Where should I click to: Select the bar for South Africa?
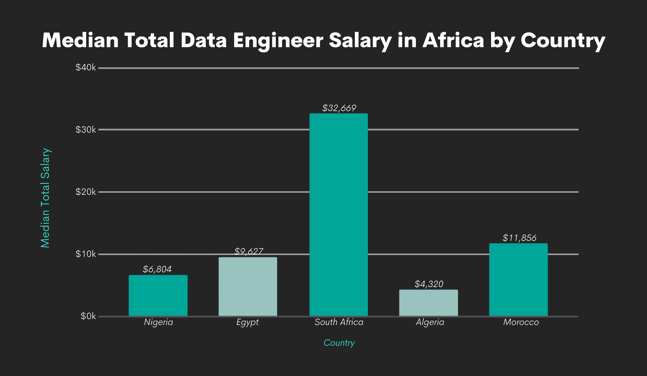point(338,215)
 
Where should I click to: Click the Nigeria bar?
point(158,296)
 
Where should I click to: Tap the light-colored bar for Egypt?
point(248,287)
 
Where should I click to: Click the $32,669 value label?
point(339,108)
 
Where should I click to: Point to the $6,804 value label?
point(157,269)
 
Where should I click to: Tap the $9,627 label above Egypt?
point(248,251)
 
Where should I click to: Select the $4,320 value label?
point(429,284)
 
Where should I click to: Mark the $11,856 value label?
point(519,238)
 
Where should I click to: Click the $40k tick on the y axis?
point(85,67)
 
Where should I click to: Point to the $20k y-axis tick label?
point(85,192)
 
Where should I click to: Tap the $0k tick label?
point(88,316)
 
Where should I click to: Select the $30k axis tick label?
point(85,130)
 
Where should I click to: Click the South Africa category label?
point(339,322)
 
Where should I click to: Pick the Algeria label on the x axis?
point(430,322)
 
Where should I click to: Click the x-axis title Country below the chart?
point(339,343)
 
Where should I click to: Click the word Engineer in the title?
point(278,41)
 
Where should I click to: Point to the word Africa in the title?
point(453,41)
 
